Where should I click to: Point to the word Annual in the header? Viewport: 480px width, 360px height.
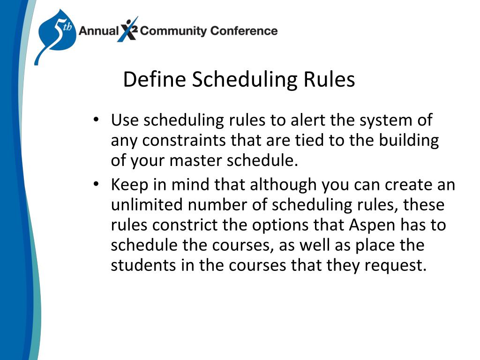pyautogui.click(x=98, y=31)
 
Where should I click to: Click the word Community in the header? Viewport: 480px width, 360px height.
pyautogui.click(x=173, y=31)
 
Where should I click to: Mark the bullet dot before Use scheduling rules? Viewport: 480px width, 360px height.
pyautogui.click(x=96, y=120)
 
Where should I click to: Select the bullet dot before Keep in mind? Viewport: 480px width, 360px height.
pyautogui.click(x=96, y=185)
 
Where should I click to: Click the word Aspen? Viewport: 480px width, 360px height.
pyautogui.click(x=373, y=225)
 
